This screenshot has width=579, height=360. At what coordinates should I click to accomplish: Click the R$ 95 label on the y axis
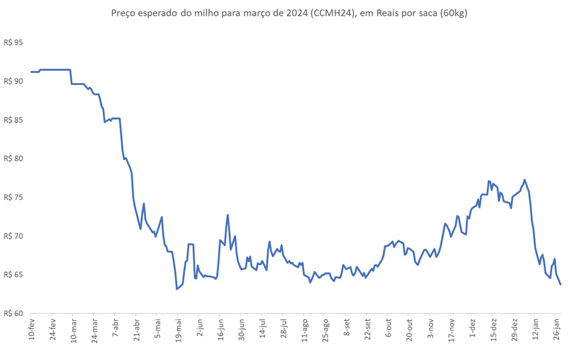click(13, 43)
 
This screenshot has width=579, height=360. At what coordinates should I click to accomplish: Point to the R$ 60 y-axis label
click(13, 314)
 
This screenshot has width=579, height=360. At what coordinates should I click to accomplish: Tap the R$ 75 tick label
click(13, 197)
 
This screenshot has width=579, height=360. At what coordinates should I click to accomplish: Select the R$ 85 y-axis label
click(13, 120)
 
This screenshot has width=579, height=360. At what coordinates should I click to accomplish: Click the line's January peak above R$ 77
click(525, 180)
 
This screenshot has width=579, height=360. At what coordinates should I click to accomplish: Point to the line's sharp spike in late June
click(228, 215)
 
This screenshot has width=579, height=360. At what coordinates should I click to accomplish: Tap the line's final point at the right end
click(561, 284)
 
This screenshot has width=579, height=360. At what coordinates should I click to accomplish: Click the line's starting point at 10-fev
click(31, 72)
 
